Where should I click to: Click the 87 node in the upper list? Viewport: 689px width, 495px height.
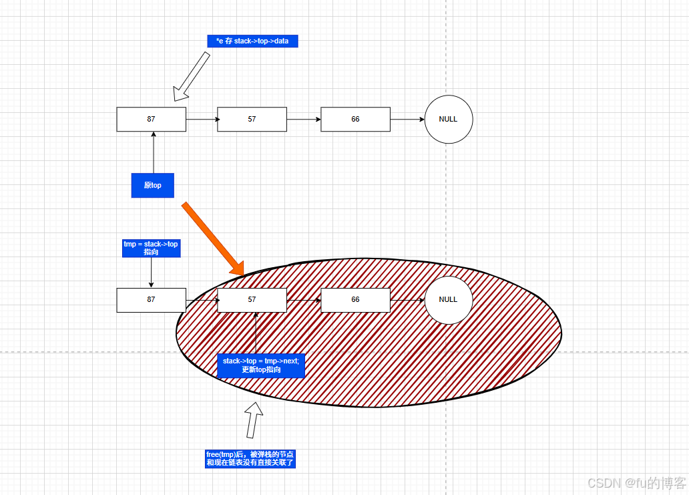152,120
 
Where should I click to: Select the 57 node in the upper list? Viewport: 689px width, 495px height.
252,120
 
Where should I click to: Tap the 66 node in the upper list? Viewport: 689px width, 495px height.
355,120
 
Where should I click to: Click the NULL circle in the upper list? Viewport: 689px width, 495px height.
449,120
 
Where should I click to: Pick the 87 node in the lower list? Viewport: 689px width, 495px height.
152,300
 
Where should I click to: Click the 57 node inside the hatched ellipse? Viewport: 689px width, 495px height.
252,300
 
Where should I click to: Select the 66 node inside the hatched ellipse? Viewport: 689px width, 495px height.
355,300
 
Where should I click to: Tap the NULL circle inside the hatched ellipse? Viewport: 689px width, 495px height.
449,300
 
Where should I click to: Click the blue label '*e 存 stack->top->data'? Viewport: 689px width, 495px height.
252,41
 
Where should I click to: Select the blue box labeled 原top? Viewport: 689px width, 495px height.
152,185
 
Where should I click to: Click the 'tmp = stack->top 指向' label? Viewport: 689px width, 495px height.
151,248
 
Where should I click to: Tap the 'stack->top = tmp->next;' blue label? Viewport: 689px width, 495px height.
261,365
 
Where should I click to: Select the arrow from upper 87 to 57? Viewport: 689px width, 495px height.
202,120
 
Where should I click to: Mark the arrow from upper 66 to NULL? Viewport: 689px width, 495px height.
407,120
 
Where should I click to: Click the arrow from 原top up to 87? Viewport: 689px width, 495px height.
154,152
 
